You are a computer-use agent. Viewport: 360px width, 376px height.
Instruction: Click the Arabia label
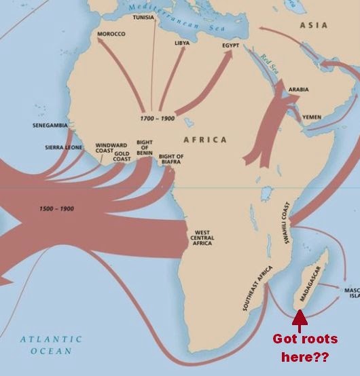tap(298, 89)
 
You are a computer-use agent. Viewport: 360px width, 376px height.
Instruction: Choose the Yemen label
tap(311, 117)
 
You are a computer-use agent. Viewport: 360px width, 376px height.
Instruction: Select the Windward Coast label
tap(111, 148)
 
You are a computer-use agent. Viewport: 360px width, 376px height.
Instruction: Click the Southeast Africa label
tap(257, 288)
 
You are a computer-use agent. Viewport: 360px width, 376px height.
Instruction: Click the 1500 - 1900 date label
tap(57, 208)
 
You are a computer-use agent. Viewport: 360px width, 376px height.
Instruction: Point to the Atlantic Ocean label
tap(50, 345)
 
